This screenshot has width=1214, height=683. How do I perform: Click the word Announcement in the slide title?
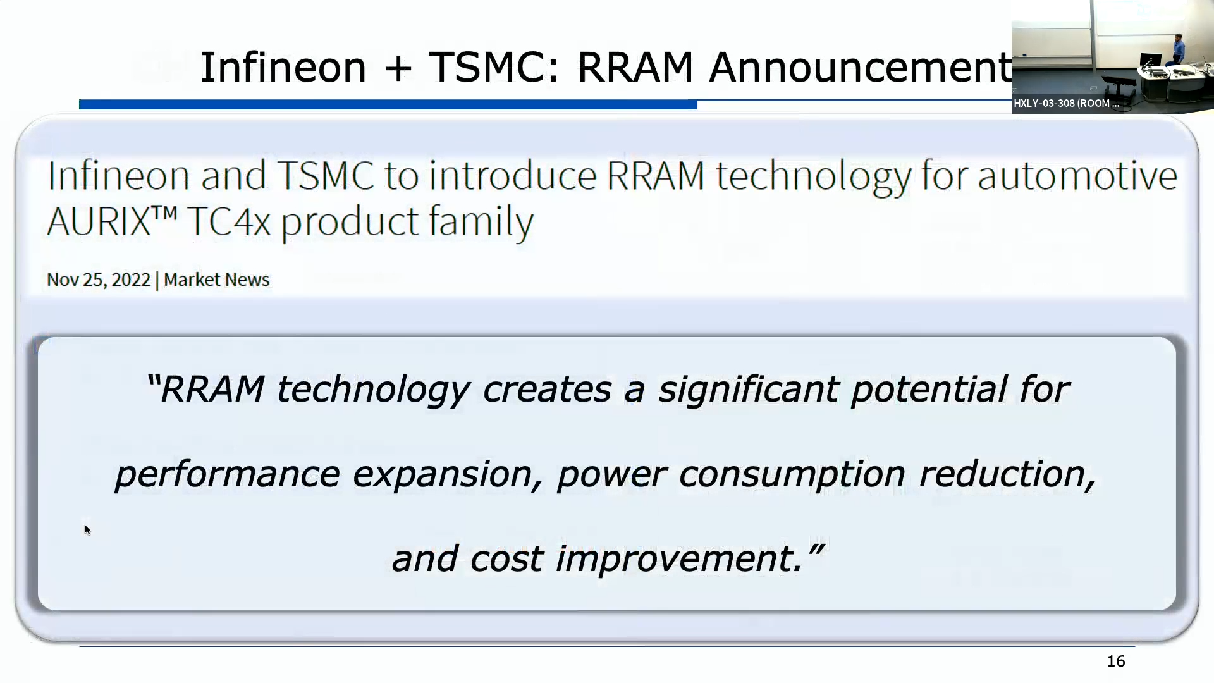pyautogui.click(x=860, y=67)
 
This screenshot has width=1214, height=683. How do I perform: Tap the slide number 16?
pyautogui.click(x=1116, y=661)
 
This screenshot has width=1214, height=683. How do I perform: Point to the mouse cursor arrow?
pyautogui.click(x=87, y=530)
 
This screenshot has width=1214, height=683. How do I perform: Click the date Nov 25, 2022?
pyautogui.click(x=99, y=280)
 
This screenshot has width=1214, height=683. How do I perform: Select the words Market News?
pyautogui.click(x=216, y=280)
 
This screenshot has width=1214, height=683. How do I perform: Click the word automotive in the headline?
pyautogui.click(x=1077, y=175)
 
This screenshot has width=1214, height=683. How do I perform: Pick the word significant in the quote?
pyautogui.click(x=749, y=389)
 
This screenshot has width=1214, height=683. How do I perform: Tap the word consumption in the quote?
pyautogui.click(x=792, y=474)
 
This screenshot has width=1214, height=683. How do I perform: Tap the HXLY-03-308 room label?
pyautogui.click(x=1066, y=103)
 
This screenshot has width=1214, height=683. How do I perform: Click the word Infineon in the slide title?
pyautogui.click(x=283, y=67)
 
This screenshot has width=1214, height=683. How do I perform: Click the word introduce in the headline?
pyautogui.click(x=513, y=175)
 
